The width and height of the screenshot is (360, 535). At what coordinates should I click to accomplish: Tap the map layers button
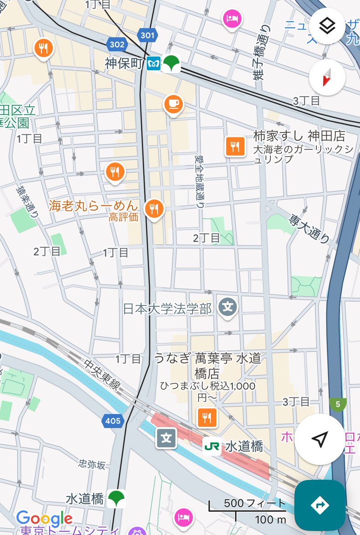tap(327, 26)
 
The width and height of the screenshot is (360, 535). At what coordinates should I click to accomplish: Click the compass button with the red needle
tap(327, 78)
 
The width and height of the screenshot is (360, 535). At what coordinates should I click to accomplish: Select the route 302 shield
tap(116, 45)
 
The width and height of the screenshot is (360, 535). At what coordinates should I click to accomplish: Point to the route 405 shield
tap(113, 420)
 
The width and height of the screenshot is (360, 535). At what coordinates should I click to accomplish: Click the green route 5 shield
tap(338, 405)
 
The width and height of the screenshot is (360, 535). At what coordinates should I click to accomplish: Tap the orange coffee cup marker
tap(173, 104)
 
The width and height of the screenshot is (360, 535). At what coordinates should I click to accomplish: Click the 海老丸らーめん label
tap(93, 206)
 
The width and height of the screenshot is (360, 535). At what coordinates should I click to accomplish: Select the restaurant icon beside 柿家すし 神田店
tap(236, 145)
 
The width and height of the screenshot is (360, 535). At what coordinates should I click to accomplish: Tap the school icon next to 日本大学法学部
tap(228, 307)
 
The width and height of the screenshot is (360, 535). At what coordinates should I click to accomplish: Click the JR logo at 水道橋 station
tap(211, 446)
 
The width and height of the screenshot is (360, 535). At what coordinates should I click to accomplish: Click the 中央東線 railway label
tap(102, 375)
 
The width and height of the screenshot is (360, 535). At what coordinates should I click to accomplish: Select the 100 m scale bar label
tap(270, 519)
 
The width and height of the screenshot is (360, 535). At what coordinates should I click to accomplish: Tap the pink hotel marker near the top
tap(232, 19)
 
